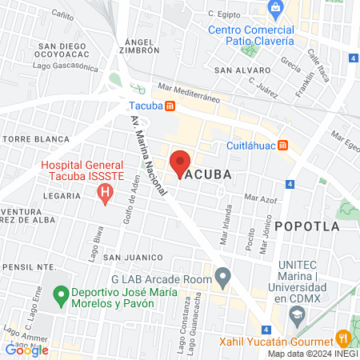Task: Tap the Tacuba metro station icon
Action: tap(170, 106)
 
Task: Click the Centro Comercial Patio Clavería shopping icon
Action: tap(276, 8)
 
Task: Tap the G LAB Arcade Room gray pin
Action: tap(224, 278)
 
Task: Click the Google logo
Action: tap(26, 350)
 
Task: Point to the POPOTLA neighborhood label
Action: tap(306, 226)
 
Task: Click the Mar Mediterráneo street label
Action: tap(189, 92)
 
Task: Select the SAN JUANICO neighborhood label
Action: tap(127, 258)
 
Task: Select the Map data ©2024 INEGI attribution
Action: tap(312, 353)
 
